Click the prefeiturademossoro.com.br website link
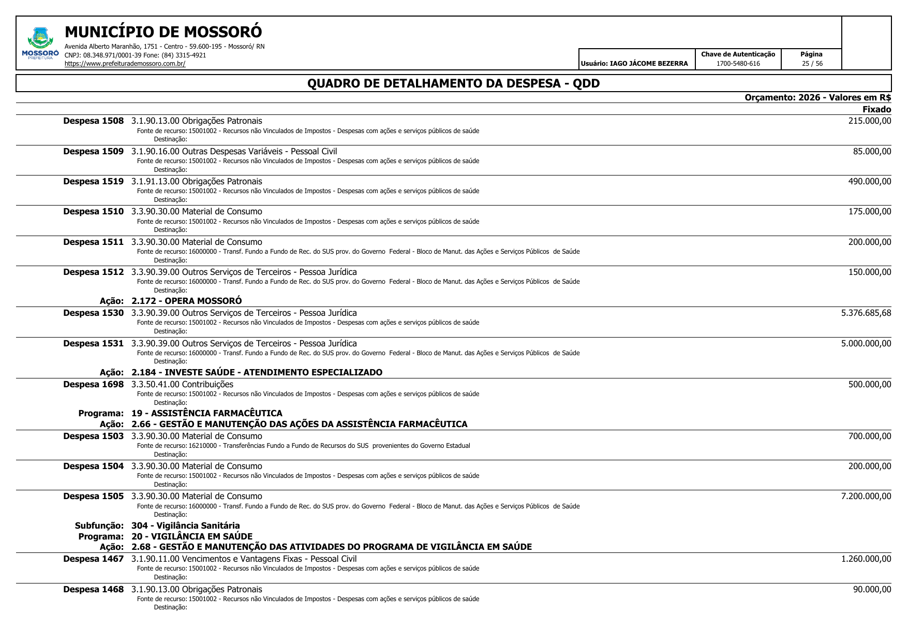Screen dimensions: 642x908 click(x=125, y=64)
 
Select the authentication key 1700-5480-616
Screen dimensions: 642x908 click(x=738, y=64)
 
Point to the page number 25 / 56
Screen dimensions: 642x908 click(x=812, y=64)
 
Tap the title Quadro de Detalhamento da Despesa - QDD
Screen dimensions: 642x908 click(x=453, y=83)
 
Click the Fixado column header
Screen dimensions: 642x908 click(x=876, y=109)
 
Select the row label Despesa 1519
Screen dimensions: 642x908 click(x=94, y=182)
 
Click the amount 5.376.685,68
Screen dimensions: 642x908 click(x=866, y=313)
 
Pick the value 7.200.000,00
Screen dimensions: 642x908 click(x=866, y=497)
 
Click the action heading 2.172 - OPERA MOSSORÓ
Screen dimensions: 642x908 click(x=186, y=301)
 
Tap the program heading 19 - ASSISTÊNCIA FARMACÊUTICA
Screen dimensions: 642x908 click(x=206, y=413)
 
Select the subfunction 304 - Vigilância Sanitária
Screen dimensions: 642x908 click(x=185, y=526)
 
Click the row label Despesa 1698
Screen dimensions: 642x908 click(x=94, y=385)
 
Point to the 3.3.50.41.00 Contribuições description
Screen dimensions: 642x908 click(x=182, y=385)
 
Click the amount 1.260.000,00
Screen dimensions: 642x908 click(x=866, y=559)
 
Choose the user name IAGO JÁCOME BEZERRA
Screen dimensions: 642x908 click(x=649, y=64)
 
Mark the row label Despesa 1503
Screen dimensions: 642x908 click(x=94, y=436)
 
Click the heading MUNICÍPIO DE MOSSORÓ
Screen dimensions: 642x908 click(x=163, y=32)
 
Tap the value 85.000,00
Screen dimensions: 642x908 click(x=872, y=152)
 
